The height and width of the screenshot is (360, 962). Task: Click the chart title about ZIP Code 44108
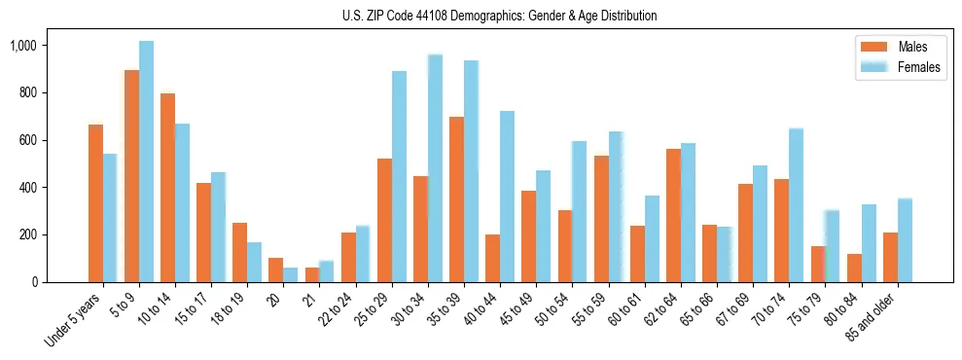[499, 16]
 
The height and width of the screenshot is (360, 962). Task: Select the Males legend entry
[912, 47]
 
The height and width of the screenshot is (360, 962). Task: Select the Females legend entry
[918, 67]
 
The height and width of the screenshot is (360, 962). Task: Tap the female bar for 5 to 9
[146, 162]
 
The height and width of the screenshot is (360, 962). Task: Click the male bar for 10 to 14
[167, 188]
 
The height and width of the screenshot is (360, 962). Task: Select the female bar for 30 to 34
[435, 168]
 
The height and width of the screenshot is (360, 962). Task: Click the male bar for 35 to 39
[456, 199]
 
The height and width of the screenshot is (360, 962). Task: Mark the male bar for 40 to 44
[492, 258]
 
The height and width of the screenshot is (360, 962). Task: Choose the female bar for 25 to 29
[399, 176]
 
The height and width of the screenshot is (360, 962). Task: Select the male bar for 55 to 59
[601, 219]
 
